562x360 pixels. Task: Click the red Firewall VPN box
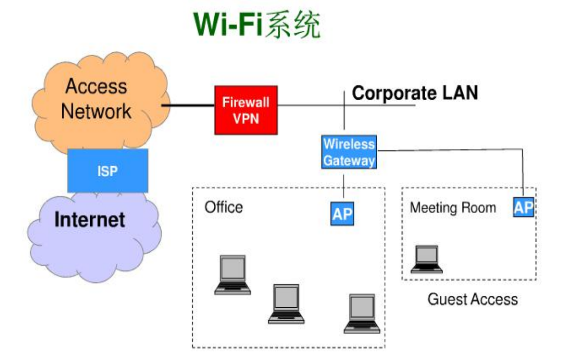[x=246, y=110]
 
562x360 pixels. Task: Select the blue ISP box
[x=107, y=171]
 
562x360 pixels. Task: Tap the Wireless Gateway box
[x=349, y=152]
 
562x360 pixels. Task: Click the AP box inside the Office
[x=343, y=214]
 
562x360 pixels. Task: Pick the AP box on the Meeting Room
[x=523, y=208]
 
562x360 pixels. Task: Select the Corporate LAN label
[x=415, y=93]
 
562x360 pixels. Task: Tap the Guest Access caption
[x=472, y=299]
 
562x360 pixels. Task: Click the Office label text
[x=223, y=207]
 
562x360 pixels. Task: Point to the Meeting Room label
[x=453, y=208]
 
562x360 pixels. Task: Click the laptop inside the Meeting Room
[x=427, y=259]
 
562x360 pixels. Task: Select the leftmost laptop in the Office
[x=232, y=275]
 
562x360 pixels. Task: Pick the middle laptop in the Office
[x=286, y=304]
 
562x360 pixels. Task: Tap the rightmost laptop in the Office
[x=362, y=313]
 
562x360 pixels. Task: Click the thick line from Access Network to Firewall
[x=188, y=105]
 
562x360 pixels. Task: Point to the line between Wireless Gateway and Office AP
[x=343, y=185]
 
